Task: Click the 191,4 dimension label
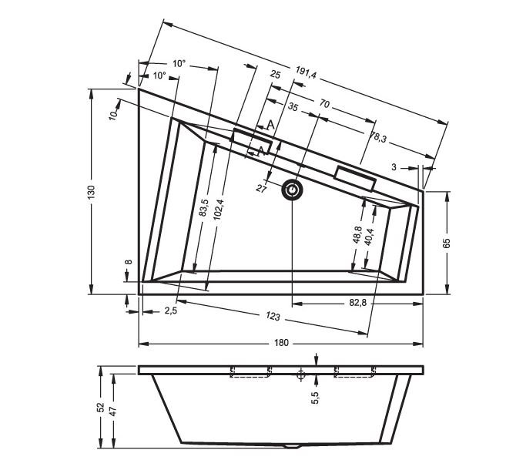[x=306, y=73]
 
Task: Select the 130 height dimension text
[x=92, y=192]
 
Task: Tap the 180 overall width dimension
[x=281, y=343]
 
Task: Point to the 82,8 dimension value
[x=358, y=303]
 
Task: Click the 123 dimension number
[x=273, y=317]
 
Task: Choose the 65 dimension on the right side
[x=446, y=243]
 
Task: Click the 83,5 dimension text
[x=204, y=207]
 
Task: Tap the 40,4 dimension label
[x=369, y=237]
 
